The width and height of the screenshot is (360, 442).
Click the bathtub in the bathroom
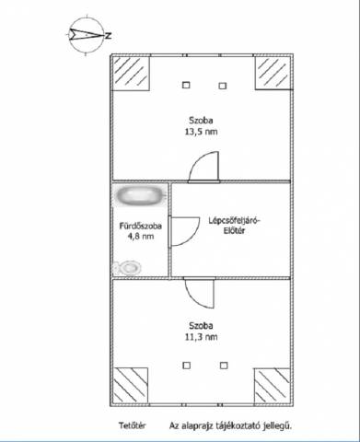point(140,195)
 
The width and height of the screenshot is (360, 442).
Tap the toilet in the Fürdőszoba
point(128,268)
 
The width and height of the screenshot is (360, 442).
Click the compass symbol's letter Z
point(108,36)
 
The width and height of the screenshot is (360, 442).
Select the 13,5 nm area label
point(201,132)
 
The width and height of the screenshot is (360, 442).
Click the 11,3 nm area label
point(201,337)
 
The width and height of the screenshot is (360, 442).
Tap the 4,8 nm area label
point(141,237)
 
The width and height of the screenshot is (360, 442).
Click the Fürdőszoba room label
point(141,227)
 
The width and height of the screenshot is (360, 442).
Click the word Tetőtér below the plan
point(133,425)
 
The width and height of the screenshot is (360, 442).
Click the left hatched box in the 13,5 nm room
point(131,73)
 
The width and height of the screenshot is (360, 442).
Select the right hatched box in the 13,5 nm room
point(273,73)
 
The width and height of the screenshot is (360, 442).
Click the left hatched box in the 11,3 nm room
point(131,386)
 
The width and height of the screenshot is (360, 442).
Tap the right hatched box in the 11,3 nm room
point(273,386)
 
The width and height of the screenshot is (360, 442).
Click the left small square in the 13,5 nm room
point(186,85)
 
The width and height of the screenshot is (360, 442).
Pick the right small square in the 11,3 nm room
point(224,366)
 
